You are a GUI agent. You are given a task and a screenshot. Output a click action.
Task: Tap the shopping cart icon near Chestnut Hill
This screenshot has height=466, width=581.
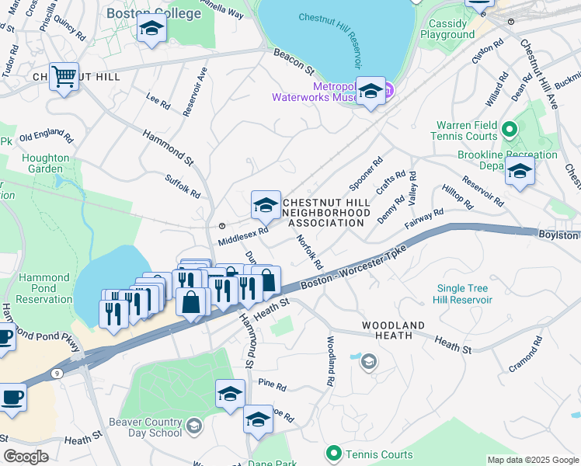64,77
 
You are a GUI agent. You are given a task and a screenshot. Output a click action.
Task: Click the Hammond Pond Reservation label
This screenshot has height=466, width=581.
44,289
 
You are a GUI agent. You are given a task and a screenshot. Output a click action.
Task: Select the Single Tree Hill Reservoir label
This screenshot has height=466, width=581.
464,294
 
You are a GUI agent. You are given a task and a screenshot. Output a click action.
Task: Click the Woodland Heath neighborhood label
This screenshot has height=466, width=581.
392,330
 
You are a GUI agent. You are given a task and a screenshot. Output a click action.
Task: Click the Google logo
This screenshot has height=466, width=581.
26,457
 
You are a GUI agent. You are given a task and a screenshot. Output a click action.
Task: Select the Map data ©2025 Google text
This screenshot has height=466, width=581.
532,460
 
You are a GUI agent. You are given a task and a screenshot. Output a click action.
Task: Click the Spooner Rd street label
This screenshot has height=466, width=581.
366,175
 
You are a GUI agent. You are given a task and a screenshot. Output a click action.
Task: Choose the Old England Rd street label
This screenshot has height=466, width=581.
47,137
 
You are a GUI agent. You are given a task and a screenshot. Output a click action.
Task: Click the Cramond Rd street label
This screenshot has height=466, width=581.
525,353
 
